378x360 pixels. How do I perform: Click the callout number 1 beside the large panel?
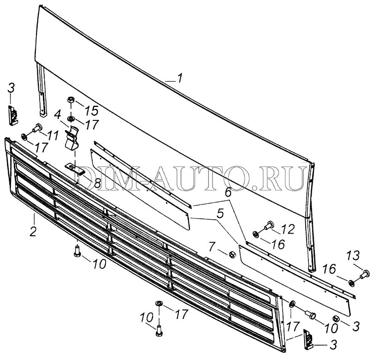[179, 79]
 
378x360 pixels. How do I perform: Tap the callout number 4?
[57, 114]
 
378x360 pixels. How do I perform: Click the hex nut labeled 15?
[71, 100]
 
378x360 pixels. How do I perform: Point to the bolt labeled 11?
[36, 129]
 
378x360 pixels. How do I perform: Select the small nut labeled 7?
[233, 254]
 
